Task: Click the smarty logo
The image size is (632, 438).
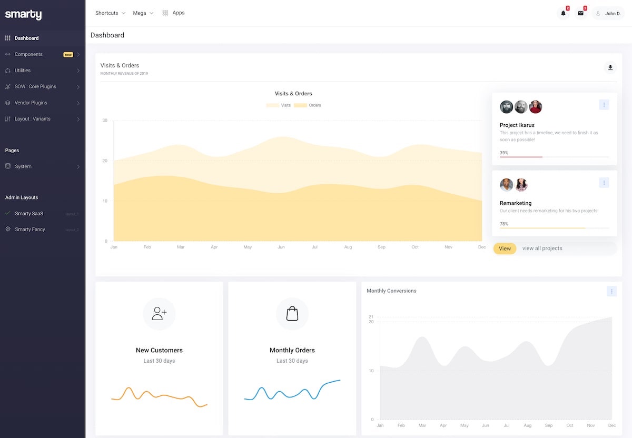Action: (x=23, y=15)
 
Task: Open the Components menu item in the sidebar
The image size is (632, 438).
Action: (x=28, y=54)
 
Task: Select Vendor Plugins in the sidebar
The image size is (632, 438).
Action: (x=31, y=103)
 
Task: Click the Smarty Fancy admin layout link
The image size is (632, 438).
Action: (x=30, y=230)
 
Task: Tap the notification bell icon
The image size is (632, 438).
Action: (x=563, y=13)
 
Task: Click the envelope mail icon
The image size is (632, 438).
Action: (x=580, y=13)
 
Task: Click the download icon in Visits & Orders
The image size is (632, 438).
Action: (x=610, y=67)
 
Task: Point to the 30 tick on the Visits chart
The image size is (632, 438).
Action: (x=105, y=121)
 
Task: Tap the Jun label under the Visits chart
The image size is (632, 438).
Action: (x=281, y=247)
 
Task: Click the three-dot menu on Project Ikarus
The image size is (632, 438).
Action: (x=604, y=105)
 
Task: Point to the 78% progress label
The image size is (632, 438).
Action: (x=504, y=224)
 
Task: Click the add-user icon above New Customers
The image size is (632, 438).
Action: (x=159, y=314)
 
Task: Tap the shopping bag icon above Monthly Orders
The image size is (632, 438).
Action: (x=292, y=314)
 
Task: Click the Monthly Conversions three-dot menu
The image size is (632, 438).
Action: (x=611, y=291)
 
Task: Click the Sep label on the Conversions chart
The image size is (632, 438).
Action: (x=549, y=425)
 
